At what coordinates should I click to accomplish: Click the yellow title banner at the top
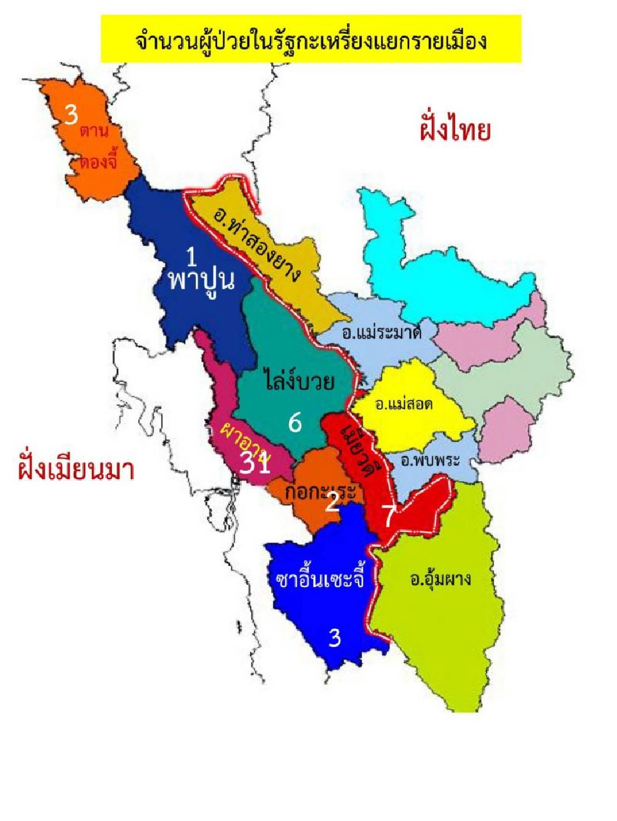pos(311,40)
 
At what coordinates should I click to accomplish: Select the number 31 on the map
pos(256,463)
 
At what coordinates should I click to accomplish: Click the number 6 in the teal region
pos(295,423)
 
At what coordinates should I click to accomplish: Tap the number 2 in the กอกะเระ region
pos(332,502)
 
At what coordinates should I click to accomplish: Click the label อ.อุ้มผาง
pos(440,579)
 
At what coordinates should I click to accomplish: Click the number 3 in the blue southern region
pos(335,638)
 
